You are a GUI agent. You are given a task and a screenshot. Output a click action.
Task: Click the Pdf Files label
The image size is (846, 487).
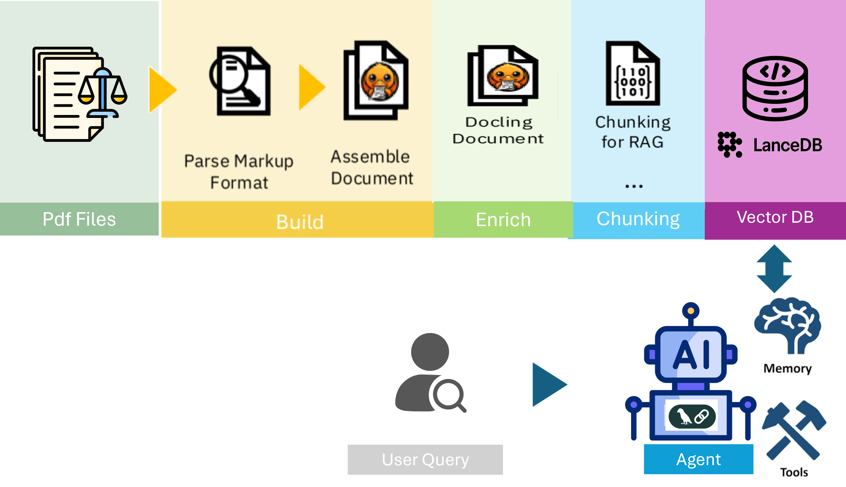(x=79, y=220)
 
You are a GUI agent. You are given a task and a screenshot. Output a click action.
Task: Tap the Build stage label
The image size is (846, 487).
(x=300, y=221)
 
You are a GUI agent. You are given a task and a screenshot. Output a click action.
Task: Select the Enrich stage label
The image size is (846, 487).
(x=503, y=220)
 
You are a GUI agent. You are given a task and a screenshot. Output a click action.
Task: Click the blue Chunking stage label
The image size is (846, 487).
(x=638, y=219)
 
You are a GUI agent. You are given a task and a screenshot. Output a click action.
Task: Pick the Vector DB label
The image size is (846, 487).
(x=775, y=217)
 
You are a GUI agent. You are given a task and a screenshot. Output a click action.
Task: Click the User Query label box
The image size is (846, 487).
(x=425, y=459)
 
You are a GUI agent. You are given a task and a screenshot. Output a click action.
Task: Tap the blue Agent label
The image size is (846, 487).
(x=698, y=459)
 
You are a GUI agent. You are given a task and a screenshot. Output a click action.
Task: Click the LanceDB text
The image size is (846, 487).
(x=787, y=145)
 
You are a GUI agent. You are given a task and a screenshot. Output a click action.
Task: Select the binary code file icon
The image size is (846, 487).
(x=633, y=74)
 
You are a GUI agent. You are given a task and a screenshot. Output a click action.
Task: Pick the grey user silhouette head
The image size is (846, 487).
(x=430, y=352)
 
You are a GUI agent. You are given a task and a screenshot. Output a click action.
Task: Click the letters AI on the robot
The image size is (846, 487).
(x=691, y=354)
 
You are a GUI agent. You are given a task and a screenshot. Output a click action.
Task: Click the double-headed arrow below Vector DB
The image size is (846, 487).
(x=774, y=268)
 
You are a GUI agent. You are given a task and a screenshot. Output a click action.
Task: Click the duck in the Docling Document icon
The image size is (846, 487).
(x=508, y=77)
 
